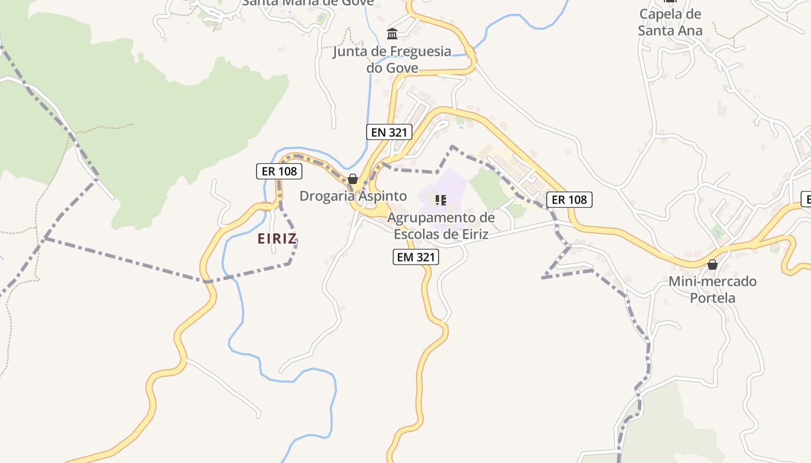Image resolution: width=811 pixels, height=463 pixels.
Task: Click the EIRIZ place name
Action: click(x=277, y=238)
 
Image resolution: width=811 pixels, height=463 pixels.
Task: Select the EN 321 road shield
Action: click(x=389, y=132)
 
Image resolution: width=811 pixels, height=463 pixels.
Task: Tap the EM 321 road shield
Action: click(x=415, y=257)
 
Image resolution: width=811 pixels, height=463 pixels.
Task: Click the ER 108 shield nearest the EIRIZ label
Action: click(x=279, y=171)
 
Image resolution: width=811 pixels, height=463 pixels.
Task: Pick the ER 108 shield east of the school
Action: click(x=569, y=200)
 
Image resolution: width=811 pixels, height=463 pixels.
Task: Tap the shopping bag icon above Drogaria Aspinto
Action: click(x=353, y=179)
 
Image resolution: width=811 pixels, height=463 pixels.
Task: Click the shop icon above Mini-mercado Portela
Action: click(x=713, y=264)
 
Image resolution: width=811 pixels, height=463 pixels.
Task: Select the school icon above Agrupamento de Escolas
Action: click(x=441, y=200)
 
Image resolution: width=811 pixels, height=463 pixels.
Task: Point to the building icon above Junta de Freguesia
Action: click(x=392, y=34)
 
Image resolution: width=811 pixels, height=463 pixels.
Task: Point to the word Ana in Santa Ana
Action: click(x=691, y=31)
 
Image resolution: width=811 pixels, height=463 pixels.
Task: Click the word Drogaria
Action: click(x=326, y=196)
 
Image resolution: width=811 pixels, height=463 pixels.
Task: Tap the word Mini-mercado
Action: click(x=713, y=282)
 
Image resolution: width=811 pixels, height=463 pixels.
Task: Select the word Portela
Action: click(x=713, y=298)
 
